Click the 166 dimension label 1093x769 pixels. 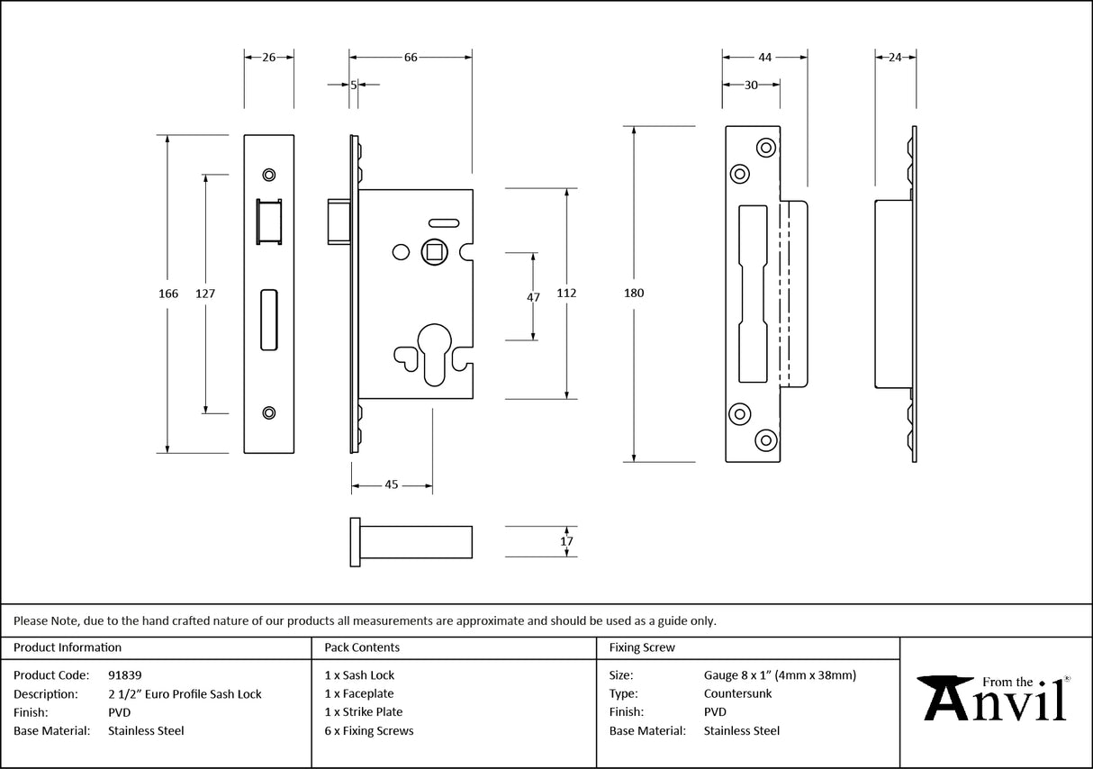[x=168, y=294]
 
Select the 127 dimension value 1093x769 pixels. [x=205, y=294]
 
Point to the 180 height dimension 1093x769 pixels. [x=635, y=293]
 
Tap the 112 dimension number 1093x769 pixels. [x=566, y=293]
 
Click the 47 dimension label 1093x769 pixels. [x=533, y=297]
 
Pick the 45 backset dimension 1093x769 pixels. [x=392, y=485]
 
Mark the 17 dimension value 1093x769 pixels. [x=566, y=541]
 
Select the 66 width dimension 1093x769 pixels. [x=411, y=58]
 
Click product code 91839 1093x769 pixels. [x=124, y=674]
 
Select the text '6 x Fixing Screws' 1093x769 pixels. [x=369, y=731]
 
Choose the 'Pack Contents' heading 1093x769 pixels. [x=362, y=647]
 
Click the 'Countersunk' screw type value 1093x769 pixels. [x=737, y=693]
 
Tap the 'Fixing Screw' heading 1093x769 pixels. [x=642, y=647]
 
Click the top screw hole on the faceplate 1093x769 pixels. [x=268, y=174]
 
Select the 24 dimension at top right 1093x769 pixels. [x=895, y=58]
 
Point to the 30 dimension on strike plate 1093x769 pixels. [x=751, y=85]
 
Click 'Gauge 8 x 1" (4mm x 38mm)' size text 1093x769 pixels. [x=780, y=674]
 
